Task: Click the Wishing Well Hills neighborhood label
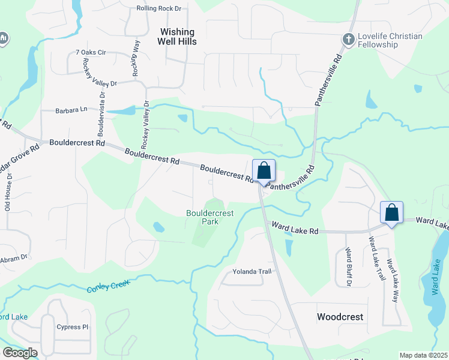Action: (x=176, y=37)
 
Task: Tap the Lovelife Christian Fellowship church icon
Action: (x=348, y=40)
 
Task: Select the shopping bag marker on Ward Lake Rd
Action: (x=391, y=212)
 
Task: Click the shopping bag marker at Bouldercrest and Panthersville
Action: (x=264, y=171)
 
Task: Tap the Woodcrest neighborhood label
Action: (x=340, y=316)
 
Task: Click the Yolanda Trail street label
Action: (x=252, y=271)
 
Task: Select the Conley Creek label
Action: (x=109, y=286)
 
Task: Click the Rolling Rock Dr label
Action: (x=158, y=8)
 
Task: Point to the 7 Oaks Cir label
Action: (x=91, y=53)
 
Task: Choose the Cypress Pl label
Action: (x=72, y=327)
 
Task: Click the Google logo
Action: (x=20, y=353)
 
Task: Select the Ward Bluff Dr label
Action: (x=348, y=267)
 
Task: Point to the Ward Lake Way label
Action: (x=391, y=279)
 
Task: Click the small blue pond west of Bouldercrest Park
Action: (x=158, y=227)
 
